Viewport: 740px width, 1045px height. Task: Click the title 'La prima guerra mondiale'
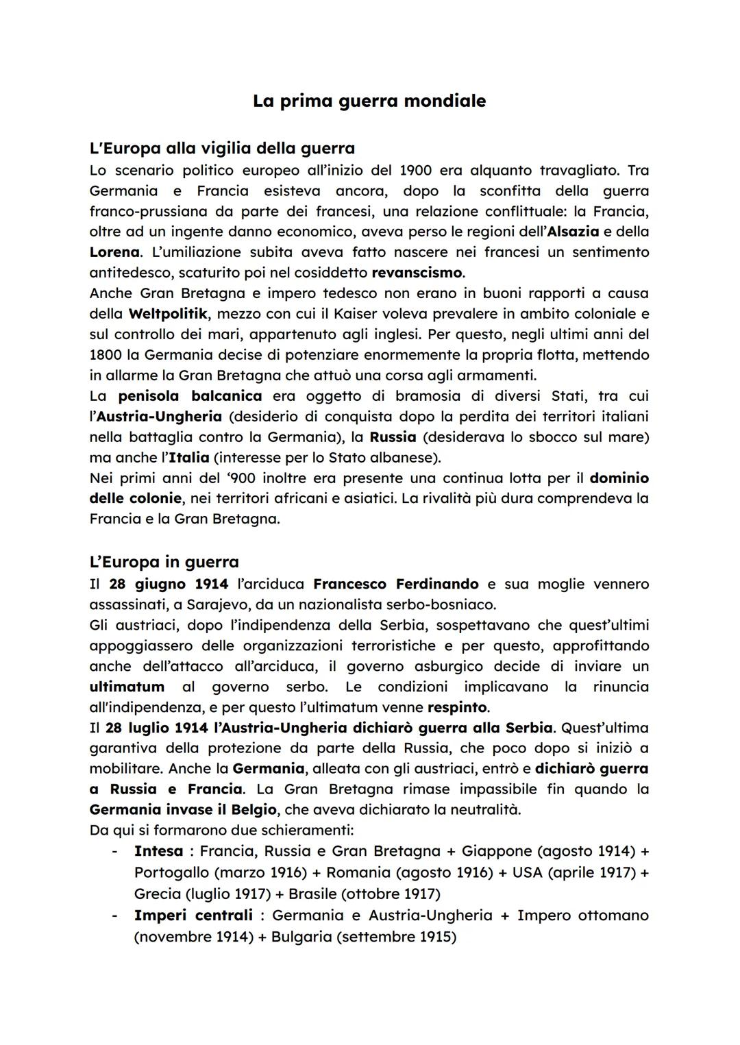pyautogui.click(x=369, y=101)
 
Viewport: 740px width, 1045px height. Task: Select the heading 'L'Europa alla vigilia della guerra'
pyautogui.click(x=222, y=148)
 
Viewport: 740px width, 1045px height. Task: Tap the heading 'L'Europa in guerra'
pyautogui.click(x=164, y=562)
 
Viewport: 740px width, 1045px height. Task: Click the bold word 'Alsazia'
pyautogui.click(x=573, y=232)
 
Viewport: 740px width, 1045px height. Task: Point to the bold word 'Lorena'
pyautogui.click(x=114, y=252)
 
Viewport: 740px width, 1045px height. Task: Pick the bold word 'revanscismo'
pyautogui.click(x=417, y=273)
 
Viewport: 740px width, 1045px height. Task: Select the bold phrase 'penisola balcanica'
pyautogui.click(x=190, y=396)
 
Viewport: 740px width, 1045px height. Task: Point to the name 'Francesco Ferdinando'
pyautogui.click(x=395, y=584)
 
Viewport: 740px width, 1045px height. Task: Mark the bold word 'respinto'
pyautogui.click(x=457, y=706)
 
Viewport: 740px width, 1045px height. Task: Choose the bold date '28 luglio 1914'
pyautogui.click(x=157, y=727)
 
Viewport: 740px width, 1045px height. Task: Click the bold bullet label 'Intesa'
pyautogui.click(x=158, y=851)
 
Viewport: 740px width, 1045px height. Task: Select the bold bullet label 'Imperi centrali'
pyautogui.click(x=193, y=915)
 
